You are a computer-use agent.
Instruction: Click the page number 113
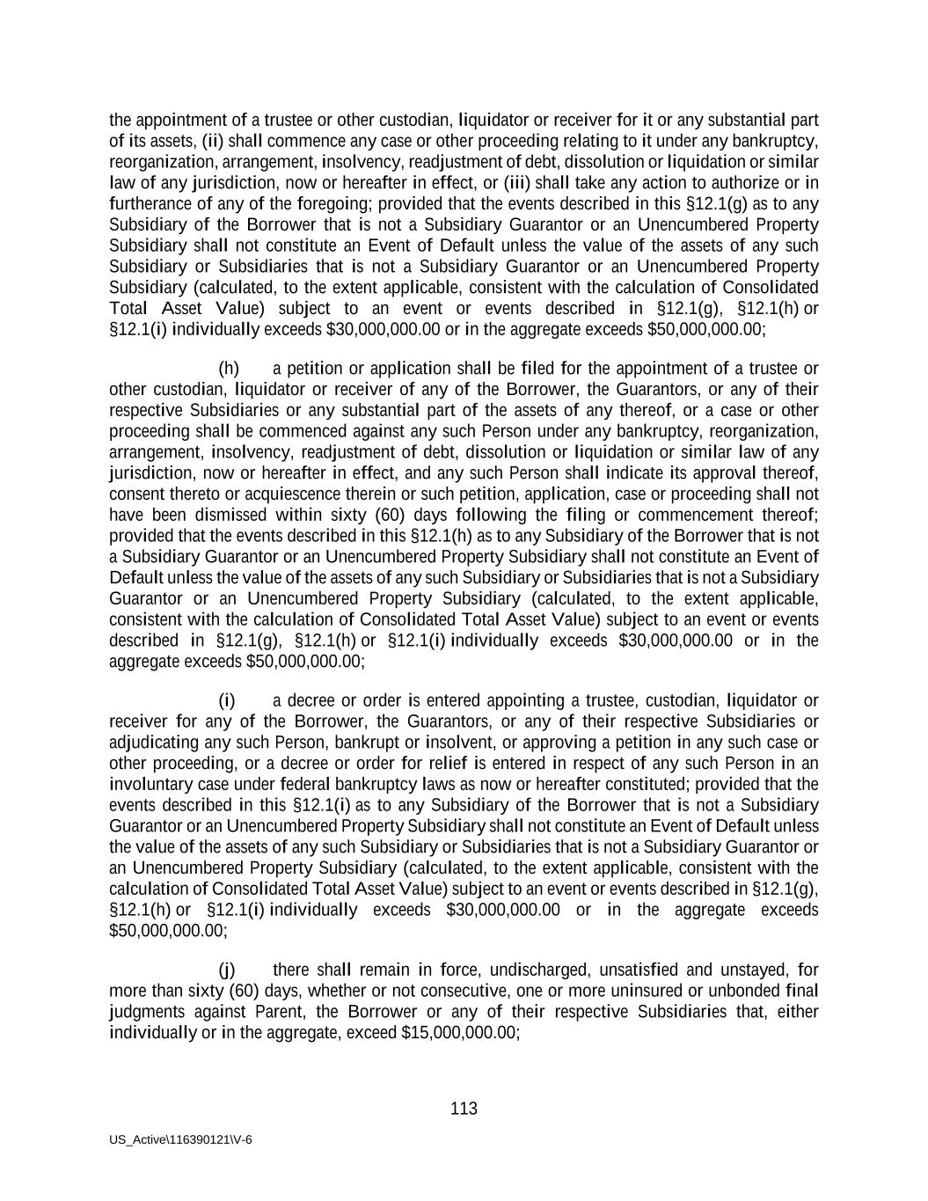point(464,1109)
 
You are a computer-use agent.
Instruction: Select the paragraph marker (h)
point(229,369)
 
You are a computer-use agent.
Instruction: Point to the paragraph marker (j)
point(227,970)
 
